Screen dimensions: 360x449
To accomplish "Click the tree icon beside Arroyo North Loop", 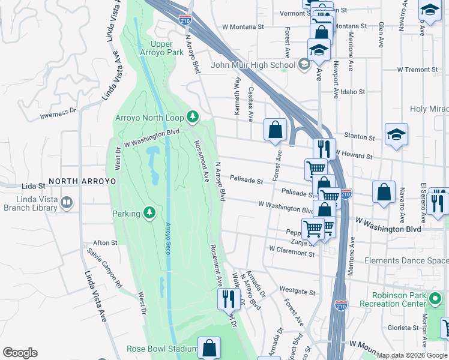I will click(x=193, y=116).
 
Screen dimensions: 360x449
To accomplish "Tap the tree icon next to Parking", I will click(x=149, y=213).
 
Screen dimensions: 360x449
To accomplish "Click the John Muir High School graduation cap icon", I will click(x=304, y=65).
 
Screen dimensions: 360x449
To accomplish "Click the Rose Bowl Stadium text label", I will click(x=161, y=349).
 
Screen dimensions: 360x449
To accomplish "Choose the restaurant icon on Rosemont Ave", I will click(x=228, y=298).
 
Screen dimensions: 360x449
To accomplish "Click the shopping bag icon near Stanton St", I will click(x=275, y=129).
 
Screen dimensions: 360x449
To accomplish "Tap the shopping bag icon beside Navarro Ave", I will click(x=384, y=192).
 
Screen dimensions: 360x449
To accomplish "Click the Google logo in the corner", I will click(x=20, y=353).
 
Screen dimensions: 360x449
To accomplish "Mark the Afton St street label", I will click(x=105, y=243).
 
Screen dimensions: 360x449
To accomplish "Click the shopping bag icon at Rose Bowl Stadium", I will click(x=209, y=347).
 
